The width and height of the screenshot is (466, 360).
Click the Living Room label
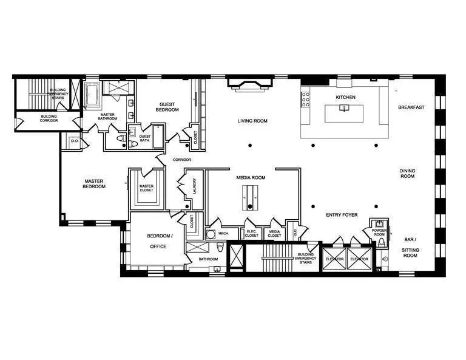coord(252,121)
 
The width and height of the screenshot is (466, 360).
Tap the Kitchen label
coord(346,97)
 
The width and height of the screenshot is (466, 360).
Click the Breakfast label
coord(411,107)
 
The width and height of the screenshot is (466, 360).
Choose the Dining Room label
coord(407,174)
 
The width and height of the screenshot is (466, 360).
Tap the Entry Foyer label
coord(342,215)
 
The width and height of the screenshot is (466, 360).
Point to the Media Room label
coord(251,178)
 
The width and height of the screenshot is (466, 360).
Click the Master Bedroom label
coord(95,183)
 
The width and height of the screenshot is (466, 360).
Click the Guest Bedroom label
coord(167,107)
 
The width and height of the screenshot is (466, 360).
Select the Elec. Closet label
coord(251,233)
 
